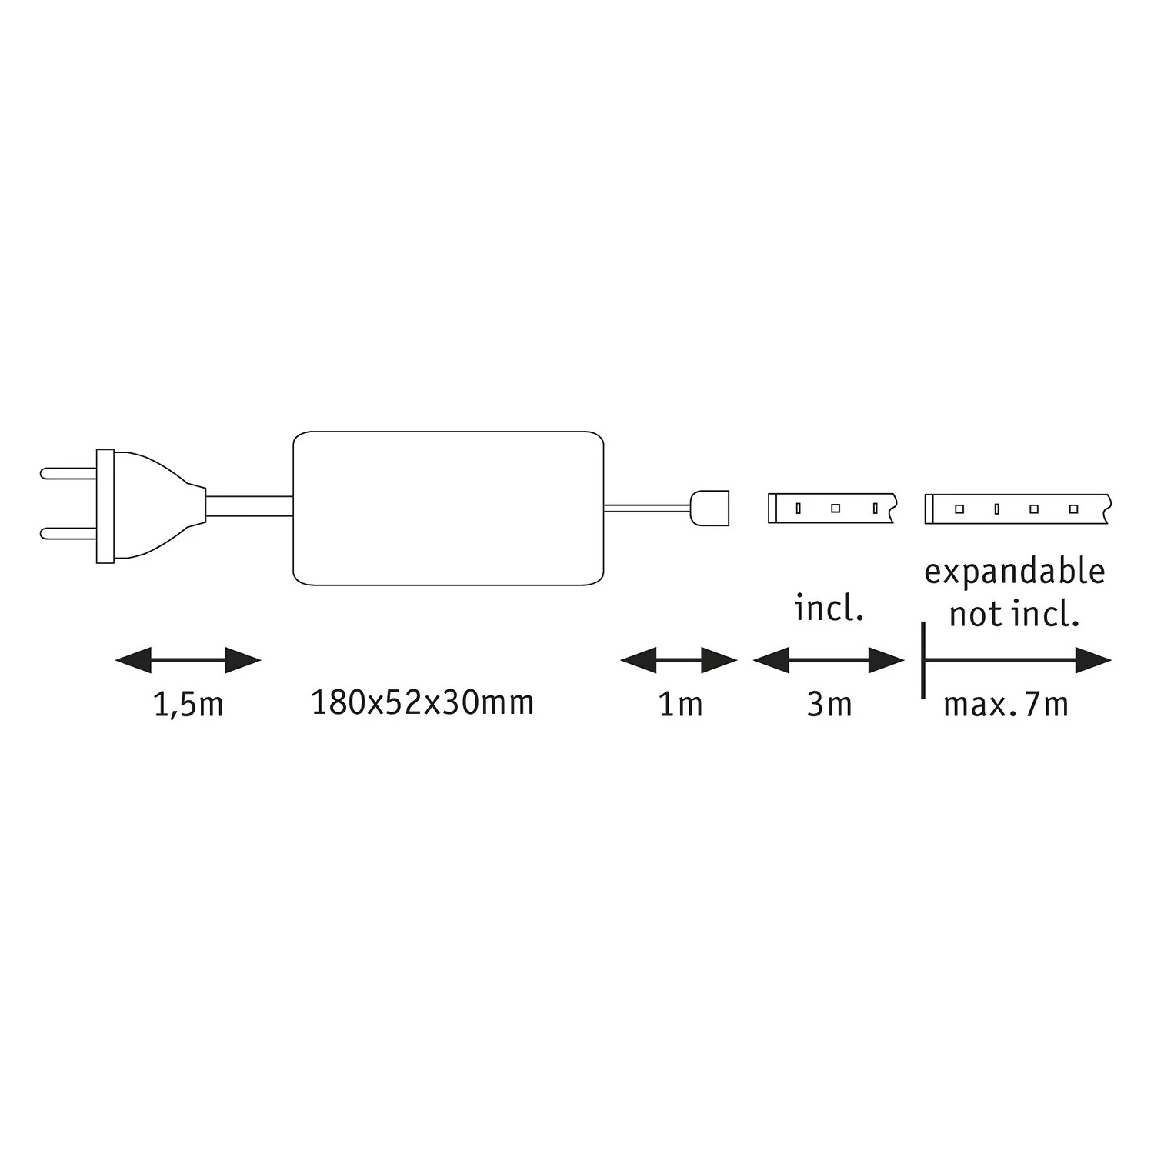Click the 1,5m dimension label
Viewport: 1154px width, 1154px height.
(188, 705)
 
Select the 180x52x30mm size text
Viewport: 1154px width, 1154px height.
(422, 703)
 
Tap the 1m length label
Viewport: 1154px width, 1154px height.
(680, 705)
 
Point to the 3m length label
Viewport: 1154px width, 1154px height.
(829, 705)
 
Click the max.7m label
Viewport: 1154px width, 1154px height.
(1006, 705)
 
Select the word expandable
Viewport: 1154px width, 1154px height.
(1014, 572)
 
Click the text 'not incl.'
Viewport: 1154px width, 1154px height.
(1014, 615)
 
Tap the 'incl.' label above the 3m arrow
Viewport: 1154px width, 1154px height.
(829, 609)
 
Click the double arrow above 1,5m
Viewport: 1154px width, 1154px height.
(188, 660)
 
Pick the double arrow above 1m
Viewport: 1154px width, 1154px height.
(679, 660)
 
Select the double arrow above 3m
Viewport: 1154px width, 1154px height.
(829, 660)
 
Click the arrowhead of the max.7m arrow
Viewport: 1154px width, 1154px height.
(1092, 660)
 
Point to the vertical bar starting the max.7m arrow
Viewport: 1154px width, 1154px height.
(922, 660)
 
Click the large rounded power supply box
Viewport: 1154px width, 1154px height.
(448, 508)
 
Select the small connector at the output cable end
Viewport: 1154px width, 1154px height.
(710, 508)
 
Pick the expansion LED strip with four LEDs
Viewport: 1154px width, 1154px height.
(1016, 509)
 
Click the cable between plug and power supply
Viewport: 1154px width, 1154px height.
(249, 506)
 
